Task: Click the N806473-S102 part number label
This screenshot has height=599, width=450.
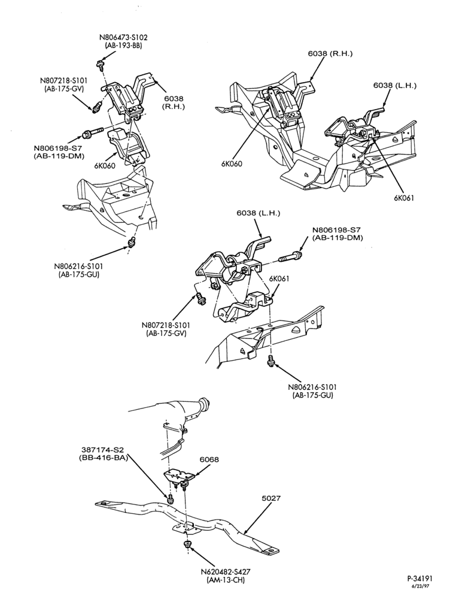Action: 123,37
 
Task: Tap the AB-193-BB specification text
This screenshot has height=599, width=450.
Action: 123,45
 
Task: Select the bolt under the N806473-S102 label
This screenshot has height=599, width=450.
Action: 101,64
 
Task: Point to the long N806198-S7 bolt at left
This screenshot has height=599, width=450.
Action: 92,132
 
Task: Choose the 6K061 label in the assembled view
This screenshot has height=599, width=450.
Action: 404,198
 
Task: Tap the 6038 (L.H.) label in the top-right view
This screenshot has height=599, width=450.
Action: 395,86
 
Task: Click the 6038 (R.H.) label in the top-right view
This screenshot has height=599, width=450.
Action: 330,53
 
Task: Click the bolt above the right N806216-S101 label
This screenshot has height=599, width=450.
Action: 270,360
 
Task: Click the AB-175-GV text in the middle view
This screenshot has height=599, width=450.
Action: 165,332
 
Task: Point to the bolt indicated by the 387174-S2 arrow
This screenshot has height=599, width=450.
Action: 170,498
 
